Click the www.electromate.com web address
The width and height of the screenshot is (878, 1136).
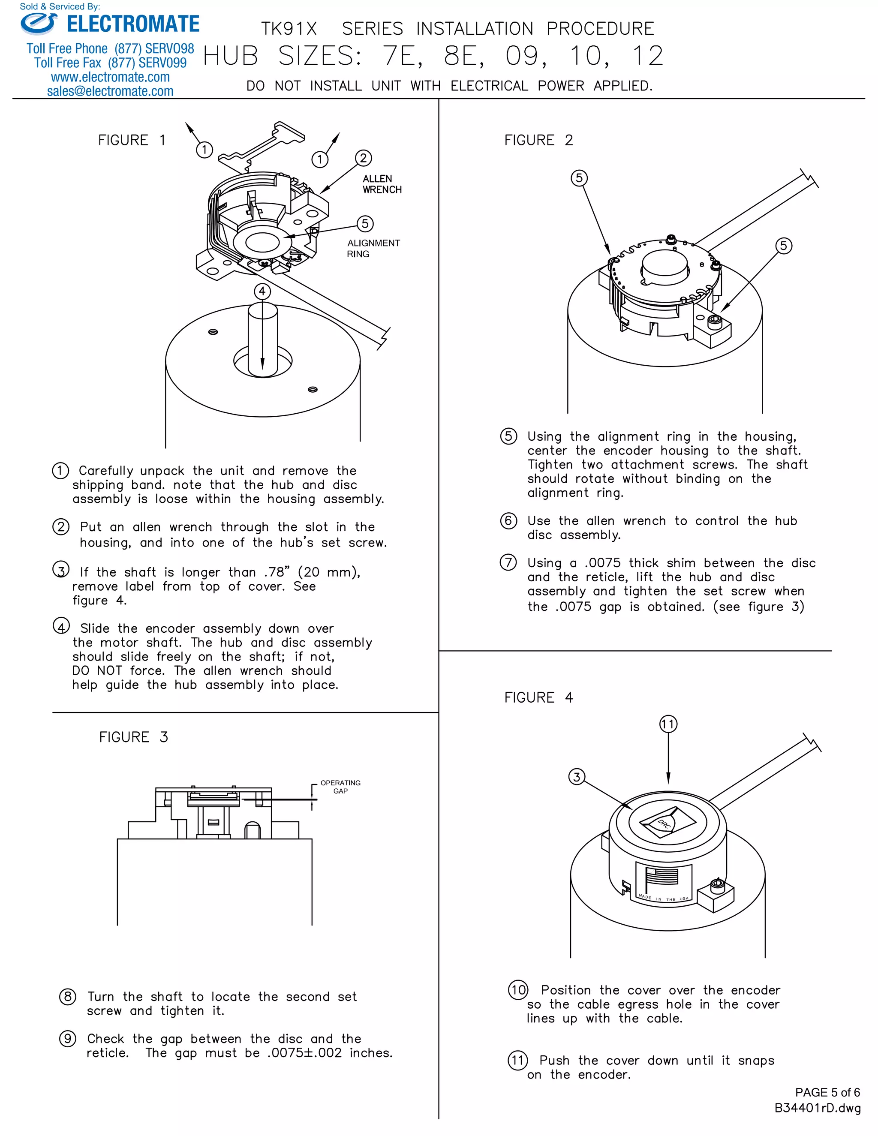click(110, 78)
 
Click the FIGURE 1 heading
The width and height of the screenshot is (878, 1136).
click(132, 141)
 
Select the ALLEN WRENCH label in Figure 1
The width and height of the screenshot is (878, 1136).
click(382, 184)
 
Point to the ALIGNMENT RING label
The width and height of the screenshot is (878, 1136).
click(373, 249)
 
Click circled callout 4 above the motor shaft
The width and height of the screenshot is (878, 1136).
click(262, 291)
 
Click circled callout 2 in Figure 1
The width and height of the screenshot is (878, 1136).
click(363, 158)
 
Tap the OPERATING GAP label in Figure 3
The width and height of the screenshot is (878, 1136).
click(340, 787)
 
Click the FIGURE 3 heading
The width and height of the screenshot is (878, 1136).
click(133, 737)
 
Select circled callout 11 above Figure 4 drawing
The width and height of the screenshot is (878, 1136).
click(668, 724)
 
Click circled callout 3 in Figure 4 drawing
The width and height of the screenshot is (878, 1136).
click(576, 777)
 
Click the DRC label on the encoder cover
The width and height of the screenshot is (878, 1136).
click(664, 823)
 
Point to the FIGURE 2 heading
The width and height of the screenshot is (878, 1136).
click(538, 141)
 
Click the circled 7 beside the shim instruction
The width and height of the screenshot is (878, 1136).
click(508, 562)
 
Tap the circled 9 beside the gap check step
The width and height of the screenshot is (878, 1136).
click(68, 1039)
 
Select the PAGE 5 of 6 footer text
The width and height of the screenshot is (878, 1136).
click(827, 1092)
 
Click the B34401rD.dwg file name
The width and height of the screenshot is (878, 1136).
click(817, 1108)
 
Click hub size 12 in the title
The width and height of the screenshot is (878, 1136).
click(648, 56)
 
